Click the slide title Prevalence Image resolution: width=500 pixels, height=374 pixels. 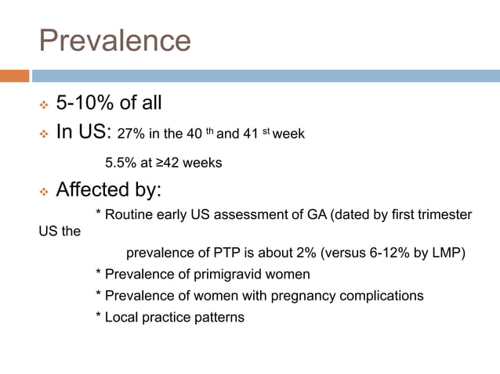pos(114,41)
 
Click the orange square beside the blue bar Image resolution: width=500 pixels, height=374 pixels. pos(14,76)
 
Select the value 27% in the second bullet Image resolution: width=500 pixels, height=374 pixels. pos(129,134)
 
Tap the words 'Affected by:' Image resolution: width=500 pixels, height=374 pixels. pos(109,190)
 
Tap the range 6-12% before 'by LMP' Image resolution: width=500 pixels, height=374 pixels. pos(392,254)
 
